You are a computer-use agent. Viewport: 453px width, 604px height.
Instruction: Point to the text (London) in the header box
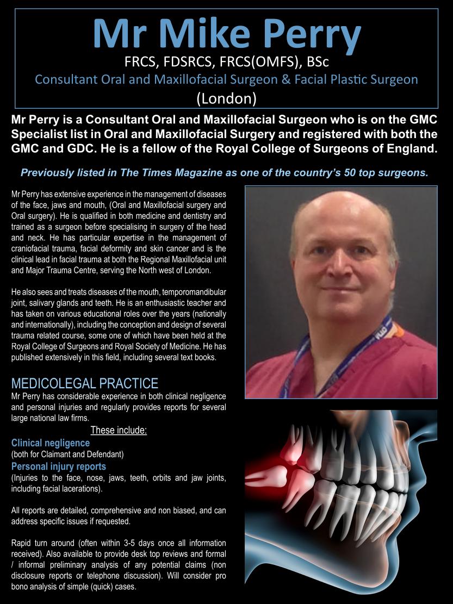[226, 98]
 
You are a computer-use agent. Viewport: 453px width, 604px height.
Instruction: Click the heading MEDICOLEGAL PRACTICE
[85, 383]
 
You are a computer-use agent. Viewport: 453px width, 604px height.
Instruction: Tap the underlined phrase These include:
[119, 431]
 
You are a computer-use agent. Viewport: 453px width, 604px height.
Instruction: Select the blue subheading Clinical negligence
[51, 443]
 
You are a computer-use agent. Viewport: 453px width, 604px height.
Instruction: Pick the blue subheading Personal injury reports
[59, 466]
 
